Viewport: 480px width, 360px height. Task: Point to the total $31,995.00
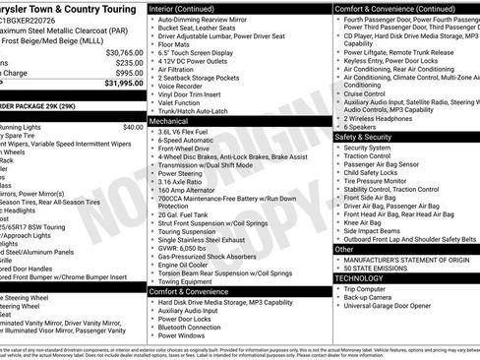coord(120,84)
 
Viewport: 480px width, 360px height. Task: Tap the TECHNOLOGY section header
coord(359,278)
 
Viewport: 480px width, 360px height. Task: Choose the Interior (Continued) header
coord(193,7)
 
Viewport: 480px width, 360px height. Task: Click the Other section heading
coord(344,250)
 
